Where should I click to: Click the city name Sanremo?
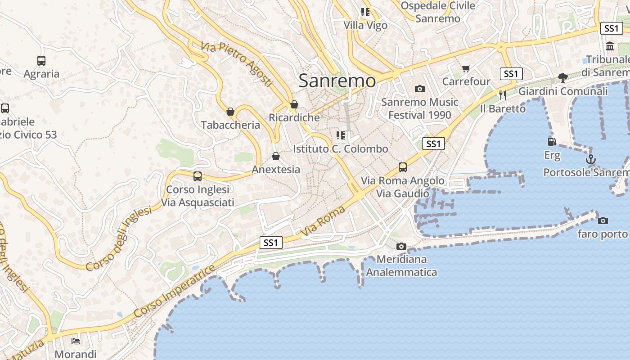[337, 81]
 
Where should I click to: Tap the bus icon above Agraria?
[41, 60]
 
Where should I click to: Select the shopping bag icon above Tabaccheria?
[230, 112]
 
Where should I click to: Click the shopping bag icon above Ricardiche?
[294, 104]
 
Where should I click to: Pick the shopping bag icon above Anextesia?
[276, 156]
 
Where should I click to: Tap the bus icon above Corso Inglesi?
[198, 176]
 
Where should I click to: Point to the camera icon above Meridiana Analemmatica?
[401, 246]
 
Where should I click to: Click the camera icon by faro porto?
[603, 220]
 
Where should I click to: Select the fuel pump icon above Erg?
[552, 142]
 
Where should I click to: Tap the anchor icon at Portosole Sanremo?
[590, 159]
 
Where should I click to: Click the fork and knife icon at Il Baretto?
[503, 95]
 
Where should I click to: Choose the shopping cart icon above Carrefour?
[466, 68]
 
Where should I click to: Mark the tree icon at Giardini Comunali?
[562, 78]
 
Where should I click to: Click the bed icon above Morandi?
[76, 341]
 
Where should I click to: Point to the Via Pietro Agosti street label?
[237, 64]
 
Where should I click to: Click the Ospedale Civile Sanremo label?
[438, 12]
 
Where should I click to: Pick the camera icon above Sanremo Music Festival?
[420, 89]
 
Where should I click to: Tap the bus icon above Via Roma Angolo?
[403, 167]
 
